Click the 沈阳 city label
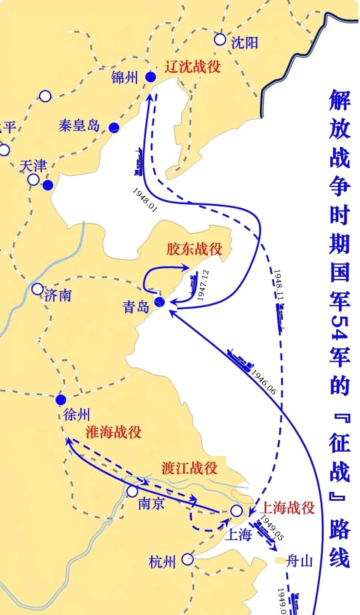click(244, 43)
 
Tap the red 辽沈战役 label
click(193, 67)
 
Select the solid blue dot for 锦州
click(150, 77)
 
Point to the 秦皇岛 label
click(79, 126)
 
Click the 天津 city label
click(33, 166)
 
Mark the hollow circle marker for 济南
click(37, 289)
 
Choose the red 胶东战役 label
click(194, 249)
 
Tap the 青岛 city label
click(136, 307)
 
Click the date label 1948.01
click(145, 200)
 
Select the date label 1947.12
click(203, 285)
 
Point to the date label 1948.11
click(278, 284)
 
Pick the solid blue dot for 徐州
click(61, 400)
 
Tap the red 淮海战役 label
click(114, 432)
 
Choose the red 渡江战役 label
click(189, 468)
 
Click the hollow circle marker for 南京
click(132, 491)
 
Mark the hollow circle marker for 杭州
click(187, 559)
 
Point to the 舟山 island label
click(299, 561)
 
